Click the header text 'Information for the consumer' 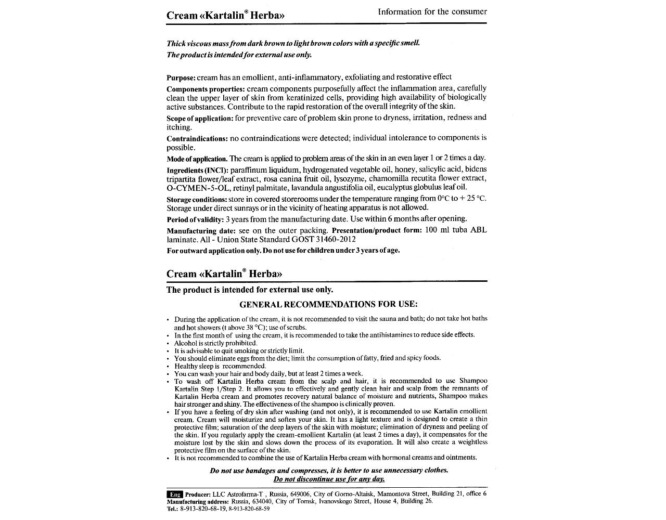432,11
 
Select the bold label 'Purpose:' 181,78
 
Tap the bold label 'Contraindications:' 197,139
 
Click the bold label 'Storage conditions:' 197,200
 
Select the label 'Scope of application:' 200,119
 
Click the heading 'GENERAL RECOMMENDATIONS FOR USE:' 328,304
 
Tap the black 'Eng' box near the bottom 174,494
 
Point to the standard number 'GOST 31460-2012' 330,240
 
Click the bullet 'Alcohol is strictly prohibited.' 216,343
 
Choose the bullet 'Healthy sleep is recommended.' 220,366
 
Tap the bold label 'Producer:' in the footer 198,494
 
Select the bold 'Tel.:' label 173,509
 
